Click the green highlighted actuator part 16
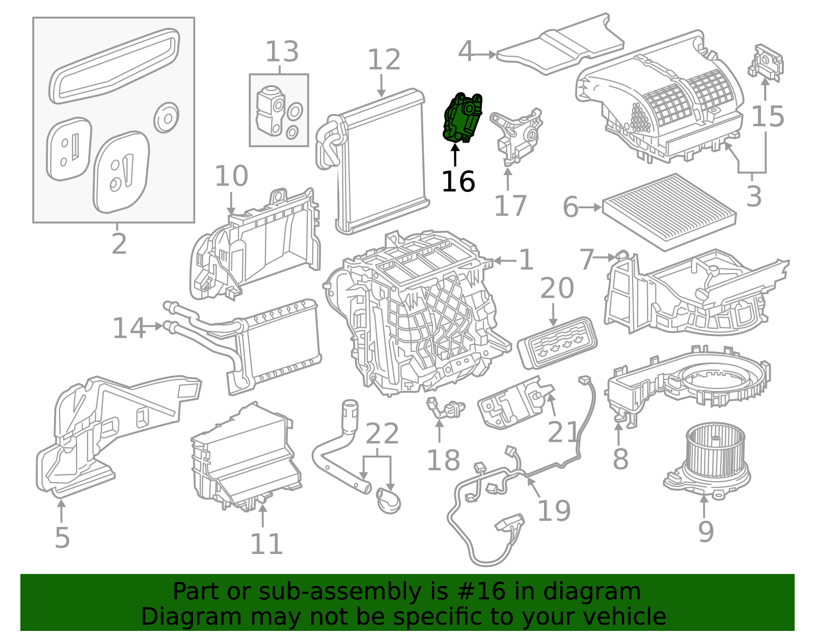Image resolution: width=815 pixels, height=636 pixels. point(462,118)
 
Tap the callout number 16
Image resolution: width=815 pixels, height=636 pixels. point(458,182)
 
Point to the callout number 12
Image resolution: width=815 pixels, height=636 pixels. point(384,60)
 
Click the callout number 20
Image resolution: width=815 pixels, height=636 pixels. point(557,289)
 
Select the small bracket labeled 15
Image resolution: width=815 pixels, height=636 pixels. point(766,62)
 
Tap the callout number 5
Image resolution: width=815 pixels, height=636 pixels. point(62,538)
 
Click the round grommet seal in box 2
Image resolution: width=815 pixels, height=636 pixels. point(166,118)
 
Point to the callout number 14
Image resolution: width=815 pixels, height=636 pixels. point(128,328)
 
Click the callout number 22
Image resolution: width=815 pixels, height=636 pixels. point(382,434)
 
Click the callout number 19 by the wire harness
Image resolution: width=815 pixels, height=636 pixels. point(554,511)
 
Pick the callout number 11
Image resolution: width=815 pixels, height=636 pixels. point(266,544)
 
